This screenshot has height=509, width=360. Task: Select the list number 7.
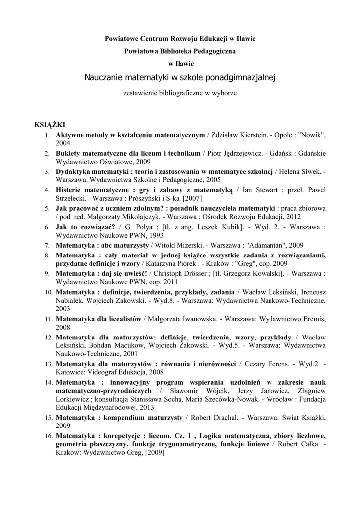46,246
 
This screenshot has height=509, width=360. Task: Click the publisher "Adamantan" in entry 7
253,245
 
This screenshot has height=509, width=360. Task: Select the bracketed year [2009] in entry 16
153,453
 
